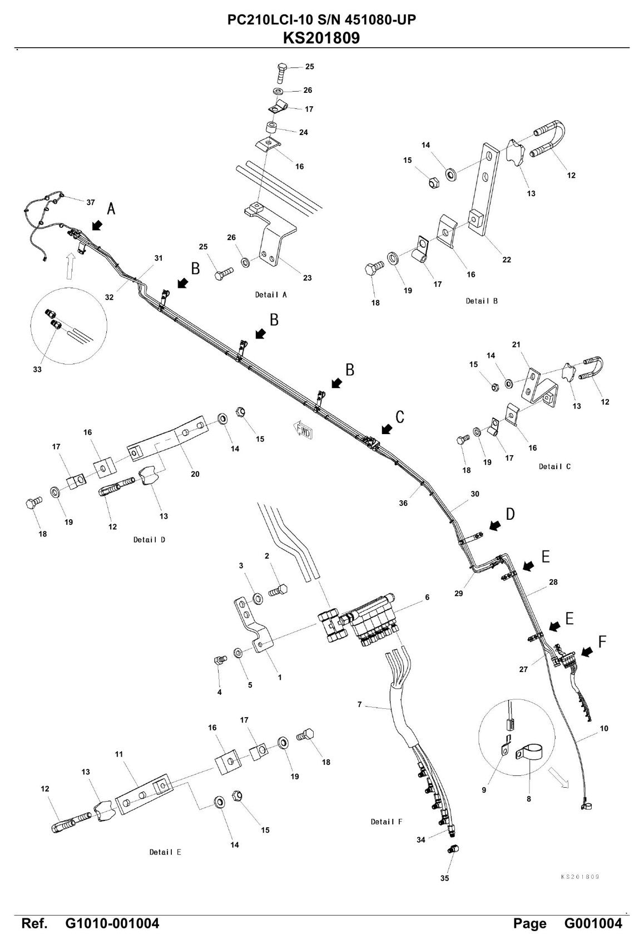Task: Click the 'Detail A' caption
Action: [270, 295]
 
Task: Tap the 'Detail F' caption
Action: [386, 822]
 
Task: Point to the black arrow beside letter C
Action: [386, 430]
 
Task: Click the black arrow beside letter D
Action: [495, 525]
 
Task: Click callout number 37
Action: [91, 202]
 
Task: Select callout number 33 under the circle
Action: [37, 370]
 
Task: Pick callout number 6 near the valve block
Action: [427, 598]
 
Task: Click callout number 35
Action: [444, 878]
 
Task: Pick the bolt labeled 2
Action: [279, 590]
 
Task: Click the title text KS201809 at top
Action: [321, 38]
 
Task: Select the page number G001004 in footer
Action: [593, 923]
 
